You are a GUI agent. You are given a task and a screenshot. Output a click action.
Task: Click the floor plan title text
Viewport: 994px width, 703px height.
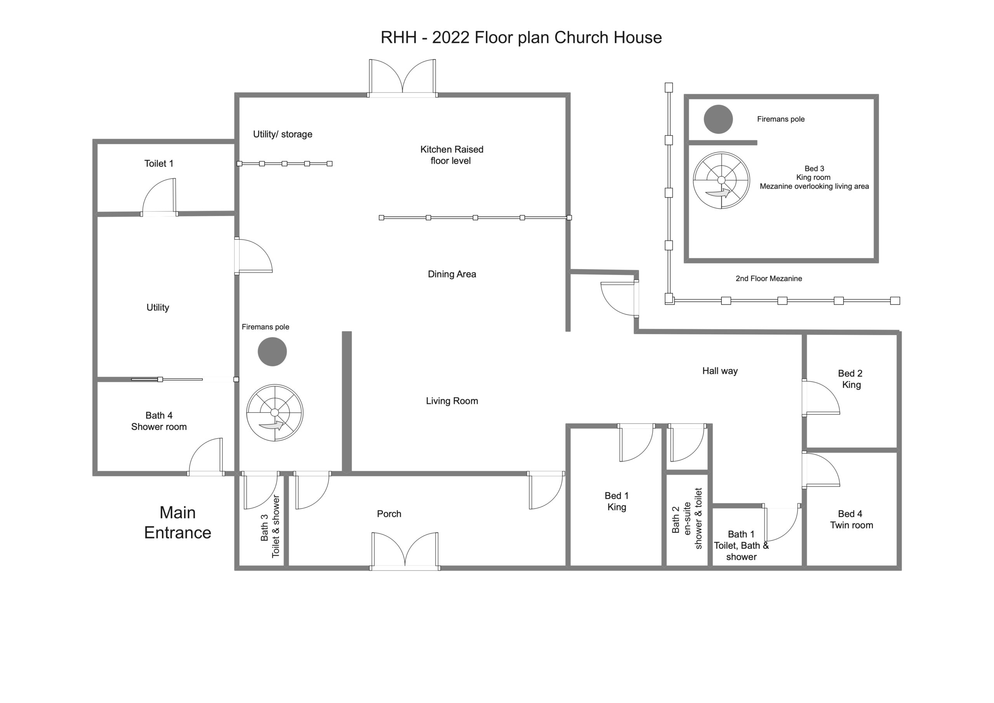pos(521,38)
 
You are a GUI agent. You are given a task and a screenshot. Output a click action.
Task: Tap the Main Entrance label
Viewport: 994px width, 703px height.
pos(177,522)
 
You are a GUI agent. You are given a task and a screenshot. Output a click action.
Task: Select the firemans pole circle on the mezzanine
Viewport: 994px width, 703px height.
pos(718,119)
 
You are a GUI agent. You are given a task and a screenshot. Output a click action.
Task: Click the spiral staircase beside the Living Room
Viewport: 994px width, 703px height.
pos(275,413)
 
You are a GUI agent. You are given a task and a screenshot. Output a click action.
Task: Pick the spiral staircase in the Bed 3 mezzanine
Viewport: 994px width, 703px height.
pos(721,180)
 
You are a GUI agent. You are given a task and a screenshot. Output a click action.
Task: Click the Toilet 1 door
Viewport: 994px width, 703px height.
pos(159,197)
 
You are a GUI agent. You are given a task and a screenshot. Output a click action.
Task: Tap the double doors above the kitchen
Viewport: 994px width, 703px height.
pos(403,78)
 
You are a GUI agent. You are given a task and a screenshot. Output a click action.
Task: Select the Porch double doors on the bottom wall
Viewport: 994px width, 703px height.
pos(405,551)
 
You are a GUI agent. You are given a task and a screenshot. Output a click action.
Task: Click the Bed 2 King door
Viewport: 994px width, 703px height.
pos(821,398)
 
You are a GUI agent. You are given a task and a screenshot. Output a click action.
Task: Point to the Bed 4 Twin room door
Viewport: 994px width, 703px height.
pos(821,470)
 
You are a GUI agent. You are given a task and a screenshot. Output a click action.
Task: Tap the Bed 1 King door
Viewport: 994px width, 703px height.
pos(636,443)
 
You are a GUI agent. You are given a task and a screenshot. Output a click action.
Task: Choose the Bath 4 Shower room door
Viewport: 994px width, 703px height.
pos(206,457)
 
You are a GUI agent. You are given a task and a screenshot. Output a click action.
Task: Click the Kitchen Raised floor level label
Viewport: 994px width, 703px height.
pos(452,155)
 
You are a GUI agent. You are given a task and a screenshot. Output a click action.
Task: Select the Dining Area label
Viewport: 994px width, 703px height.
pos(452,274)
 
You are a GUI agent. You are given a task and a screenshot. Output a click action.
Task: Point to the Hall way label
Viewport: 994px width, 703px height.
pos(720,371)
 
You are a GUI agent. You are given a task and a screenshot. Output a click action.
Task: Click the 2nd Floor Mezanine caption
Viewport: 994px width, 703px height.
pos(769,278)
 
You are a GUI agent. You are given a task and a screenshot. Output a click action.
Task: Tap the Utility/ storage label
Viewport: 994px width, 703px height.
pos(283,134)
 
